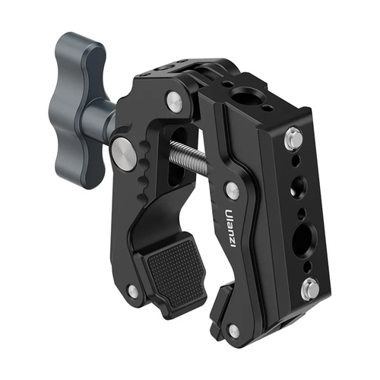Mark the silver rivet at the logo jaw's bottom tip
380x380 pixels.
[x=233, y=330]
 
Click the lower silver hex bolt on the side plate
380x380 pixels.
[x=310, y=287]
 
